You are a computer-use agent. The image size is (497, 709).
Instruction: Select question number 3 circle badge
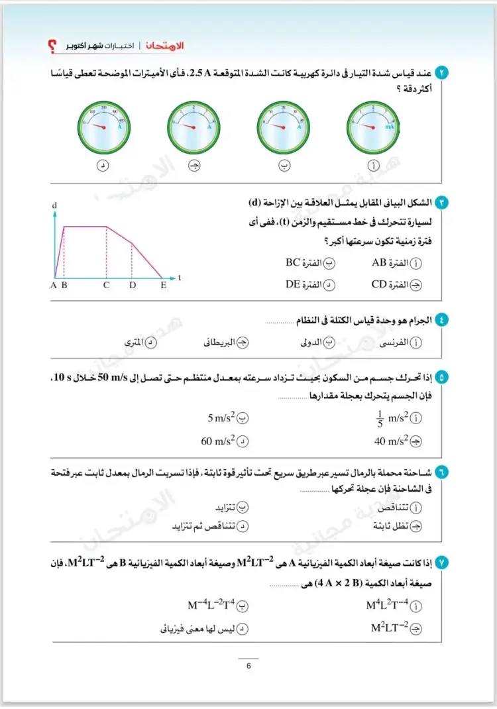(x=443, y=201)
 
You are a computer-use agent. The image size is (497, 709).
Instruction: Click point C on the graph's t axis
(x=106, y=286)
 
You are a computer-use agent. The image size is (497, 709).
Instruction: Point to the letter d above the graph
(x=54, y=206)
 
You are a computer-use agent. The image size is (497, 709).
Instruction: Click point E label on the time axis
(x=163, y=286)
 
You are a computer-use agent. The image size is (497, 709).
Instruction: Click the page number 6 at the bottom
(x=248, y=667)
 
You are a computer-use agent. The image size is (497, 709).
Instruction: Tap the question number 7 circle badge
(x=443, y=563)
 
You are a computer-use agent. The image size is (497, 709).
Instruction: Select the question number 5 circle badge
(x=443, y=378)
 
